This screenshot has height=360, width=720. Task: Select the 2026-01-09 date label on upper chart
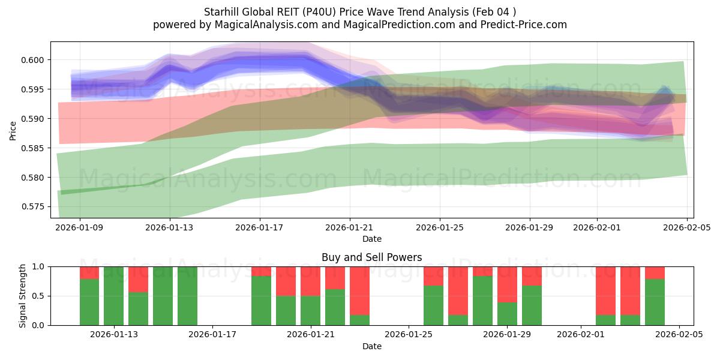point(80,227)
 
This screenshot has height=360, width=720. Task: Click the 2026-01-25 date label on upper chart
point(439,227)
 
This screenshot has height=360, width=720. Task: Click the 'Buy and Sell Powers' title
point(371,257)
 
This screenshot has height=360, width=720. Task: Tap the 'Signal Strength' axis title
point(22,296)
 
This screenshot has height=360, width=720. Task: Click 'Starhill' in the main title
point(222,12)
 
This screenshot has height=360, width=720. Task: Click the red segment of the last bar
point(655,272)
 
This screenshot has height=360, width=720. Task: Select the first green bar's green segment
point(89,302)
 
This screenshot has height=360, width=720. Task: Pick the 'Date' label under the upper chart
point(371,239)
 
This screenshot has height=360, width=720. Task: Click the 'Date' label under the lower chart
point(371,346)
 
